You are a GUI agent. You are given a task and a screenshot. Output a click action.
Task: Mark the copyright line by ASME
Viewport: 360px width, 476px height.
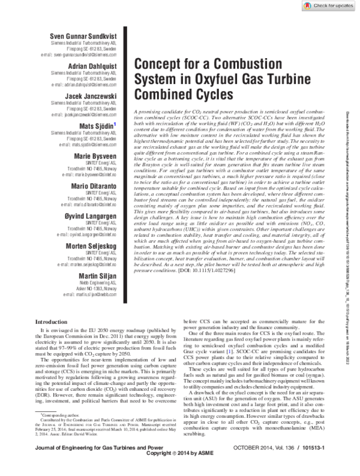(180, 470)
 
